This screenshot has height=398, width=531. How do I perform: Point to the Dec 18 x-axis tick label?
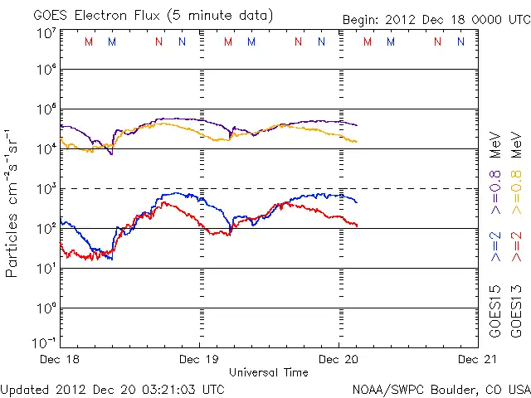coord(61,360)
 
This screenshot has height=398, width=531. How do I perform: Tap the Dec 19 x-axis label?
coord(200,360)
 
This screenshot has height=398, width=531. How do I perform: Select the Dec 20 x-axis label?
coord(339,360)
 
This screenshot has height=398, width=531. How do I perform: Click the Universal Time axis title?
coord(269,372)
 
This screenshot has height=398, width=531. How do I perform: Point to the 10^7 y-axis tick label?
coord(46,33)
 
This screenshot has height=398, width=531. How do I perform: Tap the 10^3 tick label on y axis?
coord(46,188)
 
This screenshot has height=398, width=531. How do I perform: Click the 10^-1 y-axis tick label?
coord(46,342)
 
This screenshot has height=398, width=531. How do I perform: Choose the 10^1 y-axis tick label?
coord(46,268)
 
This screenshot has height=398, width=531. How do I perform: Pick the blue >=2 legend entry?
coord(496,246)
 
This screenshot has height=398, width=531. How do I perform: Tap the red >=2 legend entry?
coord(516,246)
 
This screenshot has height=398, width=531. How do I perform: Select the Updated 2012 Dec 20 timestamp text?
coord(112,389)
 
